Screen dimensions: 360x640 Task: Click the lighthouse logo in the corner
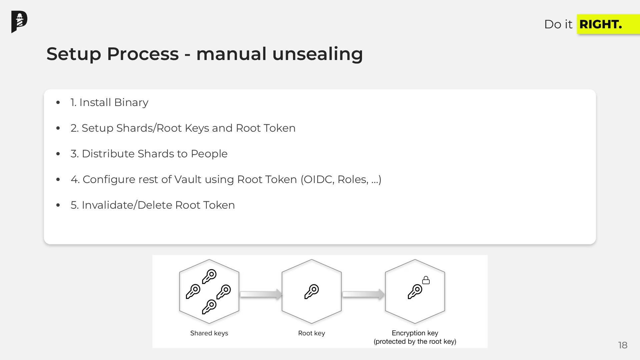(x=19, y=22)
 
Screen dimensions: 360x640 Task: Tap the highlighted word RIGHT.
(x=600, y=24)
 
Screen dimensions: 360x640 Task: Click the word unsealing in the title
(x=317, y=54)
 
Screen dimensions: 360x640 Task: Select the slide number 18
(x=623, y=345)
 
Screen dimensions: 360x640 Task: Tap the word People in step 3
(x=209, y=154)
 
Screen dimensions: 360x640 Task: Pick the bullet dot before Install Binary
(x=58, y=102)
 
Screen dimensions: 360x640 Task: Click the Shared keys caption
(x=209, y=333)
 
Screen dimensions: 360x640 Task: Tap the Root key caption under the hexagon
(x=311, y=333)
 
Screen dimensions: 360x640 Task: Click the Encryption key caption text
(x=415, y=333)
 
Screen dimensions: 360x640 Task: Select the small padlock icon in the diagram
(x=426, y=280)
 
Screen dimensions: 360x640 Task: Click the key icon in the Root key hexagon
(x=312, y=292)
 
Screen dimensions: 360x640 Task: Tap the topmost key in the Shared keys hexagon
(x=209, y=276)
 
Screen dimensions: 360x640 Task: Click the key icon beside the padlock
(x=415, y=292)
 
